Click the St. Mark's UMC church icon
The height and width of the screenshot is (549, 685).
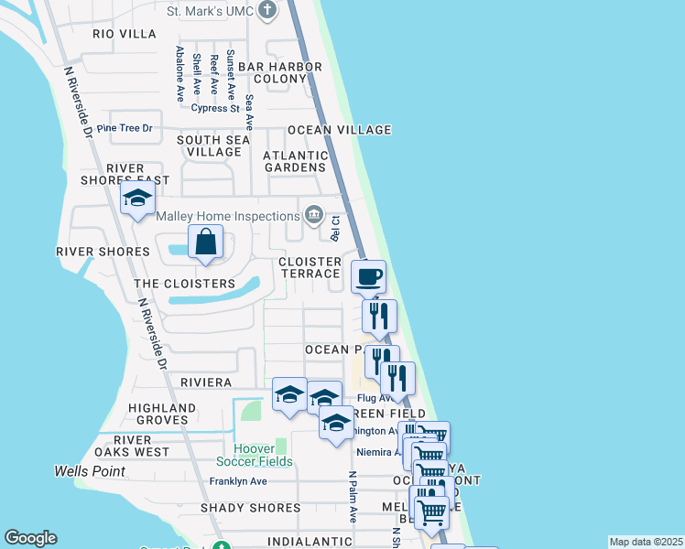(266, 11)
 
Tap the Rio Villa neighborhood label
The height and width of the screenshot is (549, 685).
(125, 34)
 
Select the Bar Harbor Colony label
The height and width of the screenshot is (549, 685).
(279, 73)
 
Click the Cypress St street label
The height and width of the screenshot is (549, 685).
(215, 108)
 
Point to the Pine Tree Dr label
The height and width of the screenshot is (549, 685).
(124, 128)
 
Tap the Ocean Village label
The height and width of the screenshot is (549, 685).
(339, 130)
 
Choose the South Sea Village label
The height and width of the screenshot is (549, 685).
(212, 145)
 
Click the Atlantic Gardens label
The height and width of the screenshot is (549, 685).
(295, 161)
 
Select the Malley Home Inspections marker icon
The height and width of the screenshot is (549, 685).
(314, 215)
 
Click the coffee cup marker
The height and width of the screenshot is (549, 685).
(369, 276)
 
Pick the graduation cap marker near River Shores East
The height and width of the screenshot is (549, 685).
(137, 199)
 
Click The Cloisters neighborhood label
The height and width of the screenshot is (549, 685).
(185, 284)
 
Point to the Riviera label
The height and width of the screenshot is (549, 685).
(205, 382)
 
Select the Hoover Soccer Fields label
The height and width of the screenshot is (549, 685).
(263, 455)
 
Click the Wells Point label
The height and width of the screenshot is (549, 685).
(89, 471)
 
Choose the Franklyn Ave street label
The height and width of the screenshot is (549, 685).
(238, 481)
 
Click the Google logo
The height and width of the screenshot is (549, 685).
(30, 538)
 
